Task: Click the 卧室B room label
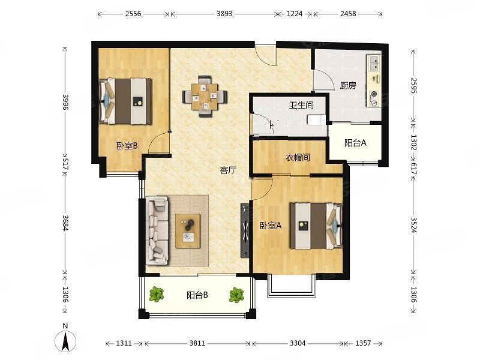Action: [127, 146]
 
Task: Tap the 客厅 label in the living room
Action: [229, 170]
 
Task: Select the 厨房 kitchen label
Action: [348, 85]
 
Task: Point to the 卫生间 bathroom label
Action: [302, 106]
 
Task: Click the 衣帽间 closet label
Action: [298, 158]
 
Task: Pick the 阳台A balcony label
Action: [355, 143]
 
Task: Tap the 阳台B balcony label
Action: [197, 295]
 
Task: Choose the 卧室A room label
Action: [271, 226]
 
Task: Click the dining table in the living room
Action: [205, 97]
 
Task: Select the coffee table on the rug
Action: [188, 231]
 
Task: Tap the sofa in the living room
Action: [157, 230]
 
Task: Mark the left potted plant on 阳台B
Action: [157, 294]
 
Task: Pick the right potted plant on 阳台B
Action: [236, 295]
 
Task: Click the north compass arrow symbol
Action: [65, 341]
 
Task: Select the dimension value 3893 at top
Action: [224, 14]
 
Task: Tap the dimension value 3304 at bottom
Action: [298, 343]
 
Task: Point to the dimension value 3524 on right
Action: [414, 225]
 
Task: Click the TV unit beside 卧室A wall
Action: [245, 230]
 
